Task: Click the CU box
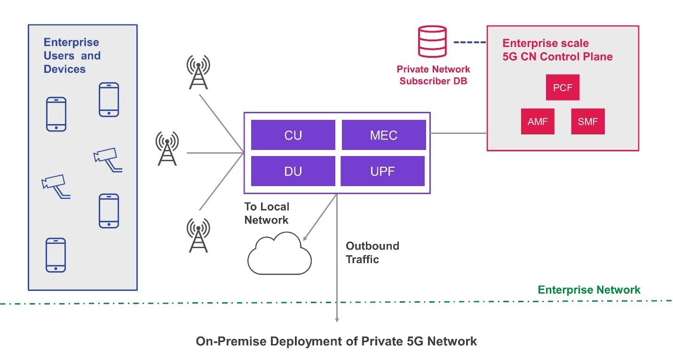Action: click(x=293, y=135)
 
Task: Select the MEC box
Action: click(x=383, y=135)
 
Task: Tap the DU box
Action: click(x=293, y=171)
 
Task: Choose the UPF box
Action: click(x=383, y=171)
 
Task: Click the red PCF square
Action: click(x=562, y=87)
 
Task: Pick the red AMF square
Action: click(x=538, y=121)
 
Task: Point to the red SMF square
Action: click(x=587, y=121)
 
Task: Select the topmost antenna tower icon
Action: click(x=198, y=72)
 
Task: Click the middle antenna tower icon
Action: click(x=167, y=148)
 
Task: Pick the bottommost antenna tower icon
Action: click(x=198, y=235)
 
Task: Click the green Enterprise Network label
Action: click(x=589, y=290)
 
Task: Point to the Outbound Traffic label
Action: click(x=372, y=252)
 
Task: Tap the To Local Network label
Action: click(x=267, y=213)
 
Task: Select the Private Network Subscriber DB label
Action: click(x=433, y=75)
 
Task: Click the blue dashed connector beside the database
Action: click(x=469, y=43)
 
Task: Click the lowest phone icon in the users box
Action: click(x=55, y=255)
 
